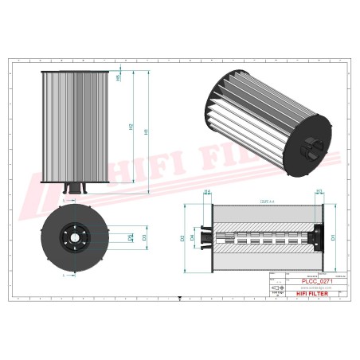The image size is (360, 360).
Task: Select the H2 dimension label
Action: coord(131,127)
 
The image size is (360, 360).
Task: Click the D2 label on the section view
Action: coord(182,237)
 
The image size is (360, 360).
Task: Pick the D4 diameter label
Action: coord(192,237)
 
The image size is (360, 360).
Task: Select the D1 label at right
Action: coord(333,237)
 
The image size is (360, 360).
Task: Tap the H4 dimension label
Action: coord(207,192)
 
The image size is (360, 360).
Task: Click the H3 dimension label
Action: coord(319,192)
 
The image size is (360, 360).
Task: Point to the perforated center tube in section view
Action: coord(263,237)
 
